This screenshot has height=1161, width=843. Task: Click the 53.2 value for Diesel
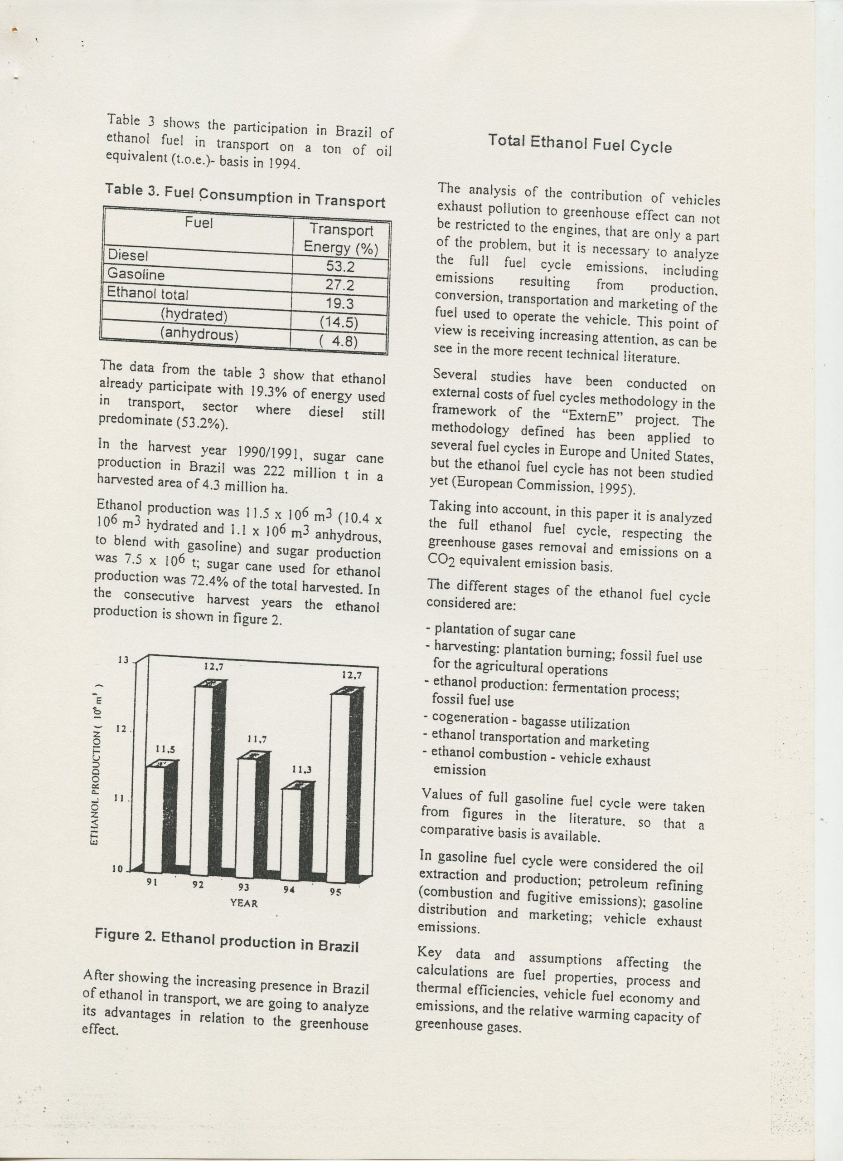pyautogui.click(x=340, y=266)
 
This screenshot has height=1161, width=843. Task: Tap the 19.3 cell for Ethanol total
pyautogui.click(x=340, y=303)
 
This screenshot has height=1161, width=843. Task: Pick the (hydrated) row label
pyautogui.click(x=194, y=314)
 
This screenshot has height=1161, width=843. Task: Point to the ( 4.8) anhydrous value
pyautogui.click(x=338, y=341)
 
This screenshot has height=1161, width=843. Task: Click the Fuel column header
pyautogui.click(x=199, y=223)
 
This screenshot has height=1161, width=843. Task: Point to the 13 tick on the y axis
pyautogui.click(x=123, y=660)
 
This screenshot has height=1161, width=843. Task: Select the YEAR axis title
pyautogui.click(x=244, y=903)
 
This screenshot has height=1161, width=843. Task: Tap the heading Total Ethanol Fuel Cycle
pyautogui.click(x=580, y=143)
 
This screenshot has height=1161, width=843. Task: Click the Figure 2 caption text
pyautogui.click(x=226, y=941)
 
